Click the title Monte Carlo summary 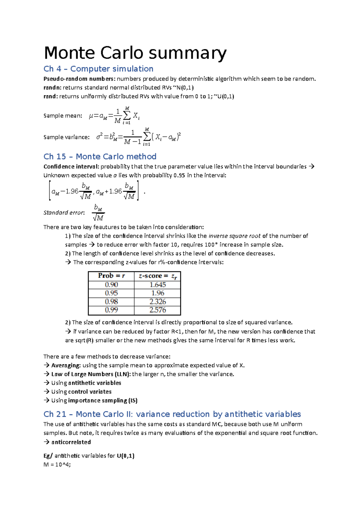point(135,53)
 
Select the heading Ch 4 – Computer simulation point(98,69)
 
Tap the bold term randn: point(52,88)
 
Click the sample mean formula point(114,116)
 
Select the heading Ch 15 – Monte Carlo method point(100,156)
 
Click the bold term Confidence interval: point(71,166)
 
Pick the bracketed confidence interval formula point(94,191)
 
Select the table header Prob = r point(111,276)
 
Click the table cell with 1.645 point(158,285)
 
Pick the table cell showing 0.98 point(111,302)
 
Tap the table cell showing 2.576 point(158,310)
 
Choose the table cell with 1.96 point(158,293)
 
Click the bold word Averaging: point(66,365)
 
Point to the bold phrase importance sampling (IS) point(103,400)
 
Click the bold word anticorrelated point(71,442)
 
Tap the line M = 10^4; point(57,465)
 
